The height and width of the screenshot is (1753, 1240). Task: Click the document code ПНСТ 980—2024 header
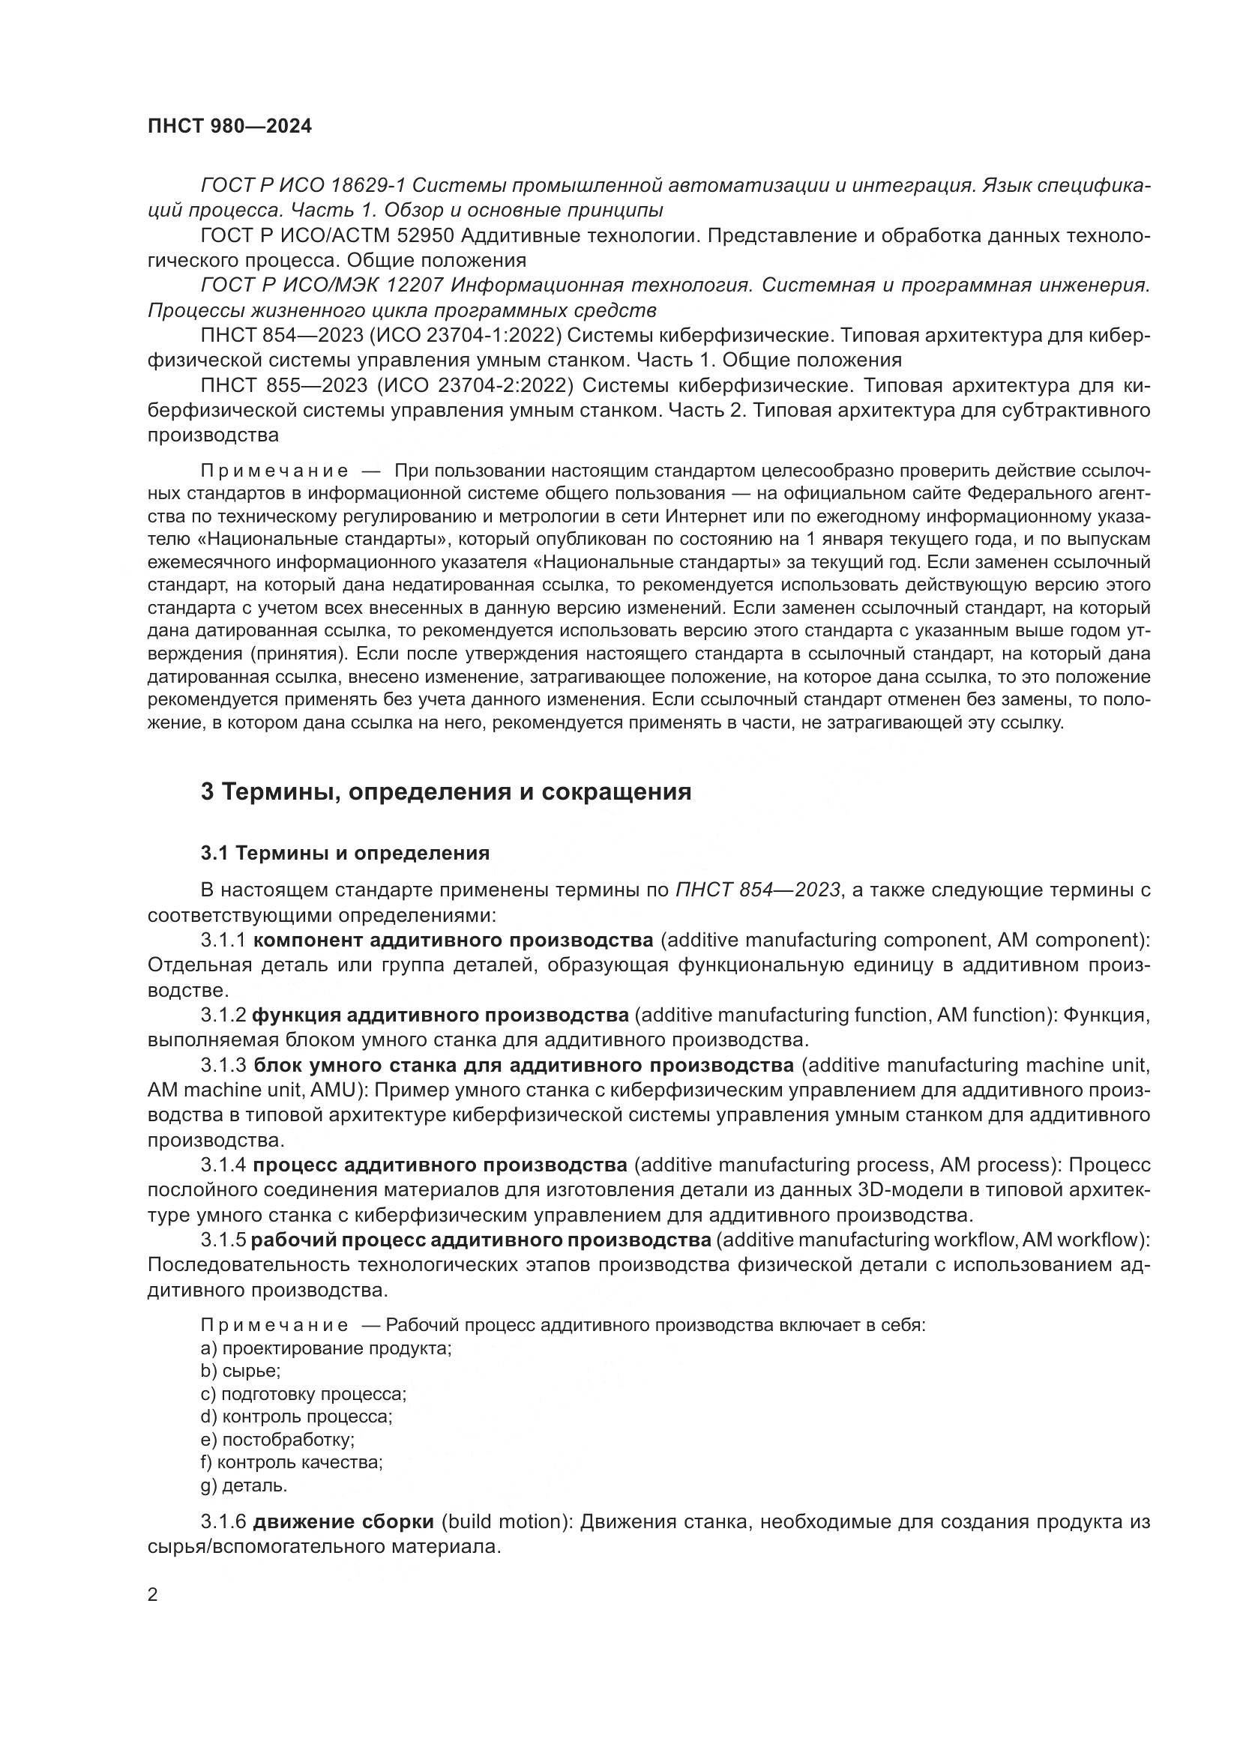(230, 127)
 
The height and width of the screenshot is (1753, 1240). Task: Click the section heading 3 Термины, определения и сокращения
(446, 791)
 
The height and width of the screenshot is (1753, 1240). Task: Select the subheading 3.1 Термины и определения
(345, 853)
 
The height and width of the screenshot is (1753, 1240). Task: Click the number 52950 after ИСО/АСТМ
(424, 236)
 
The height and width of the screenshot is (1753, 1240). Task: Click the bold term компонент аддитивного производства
(453, 940)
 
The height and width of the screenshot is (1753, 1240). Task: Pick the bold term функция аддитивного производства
(441, 1015)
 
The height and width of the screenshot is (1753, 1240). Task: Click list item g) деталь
(244, 1485)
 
